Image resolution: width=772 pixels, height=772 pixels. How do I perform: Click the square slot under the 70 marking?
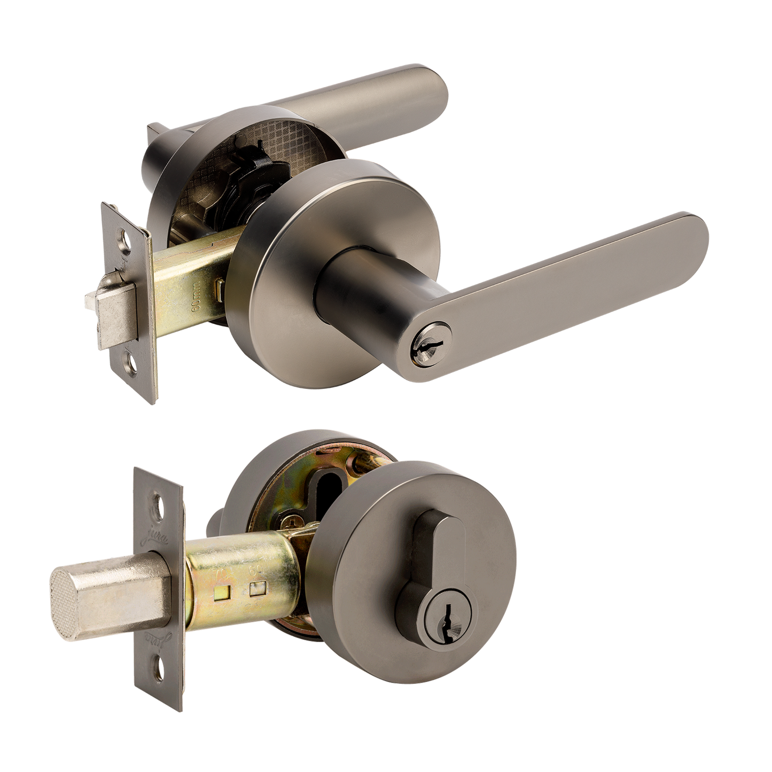[x=220, y=592]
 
